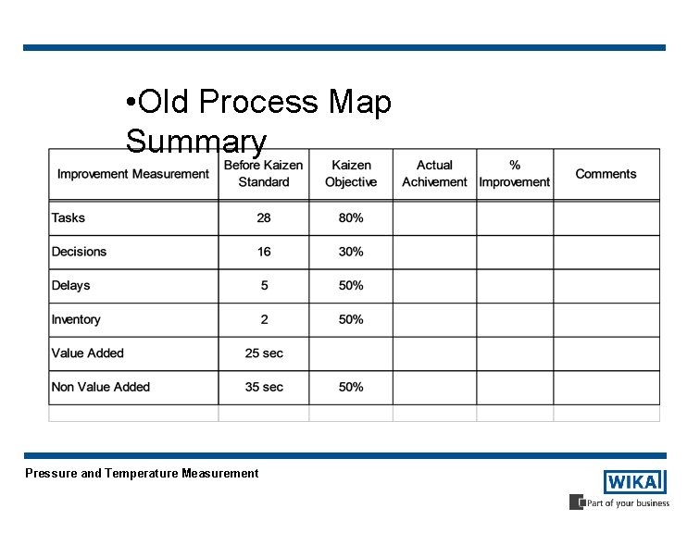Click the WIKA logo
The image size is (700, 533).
coord(634,482)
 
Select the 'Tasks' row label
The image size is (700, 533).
coord(69,217)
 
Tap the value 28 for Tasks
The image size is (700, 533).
coord(264,217)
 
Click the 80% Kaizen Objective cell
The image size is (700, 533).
coord(351,217)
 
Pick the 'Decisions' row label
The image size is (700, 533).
coord(80,252)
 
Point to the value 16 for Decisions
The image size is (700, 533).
coord(264,252)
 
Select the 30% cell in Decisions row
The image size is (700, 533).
coord(351,252)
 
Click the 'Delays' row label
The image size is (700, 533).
coord(71,285)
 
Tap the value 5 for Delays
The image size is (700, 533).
coord(264,285)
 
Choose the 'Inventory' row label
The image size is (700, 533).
coord(76,319)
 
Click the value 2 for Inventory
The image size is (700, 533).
coord(264,319)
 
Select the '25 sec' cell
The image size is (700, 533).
coord(264,353)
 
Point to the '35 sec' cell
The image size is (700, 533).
coord(264,387)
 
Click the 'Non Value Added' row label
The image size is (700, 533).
coord(101,387)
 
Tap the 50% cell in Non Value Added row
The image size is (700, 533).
coord(351,387)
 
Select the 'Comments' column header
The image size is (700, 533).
coord(606,174)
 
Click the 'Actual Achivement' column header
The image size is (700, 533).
coord(434,174)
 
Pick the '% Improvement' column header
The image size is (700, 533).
coord(515,174)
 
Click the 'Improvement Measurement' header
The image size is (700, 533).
coord(133,174)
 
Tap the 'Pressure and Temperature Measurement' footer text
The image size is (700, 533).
coord(142,473)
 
